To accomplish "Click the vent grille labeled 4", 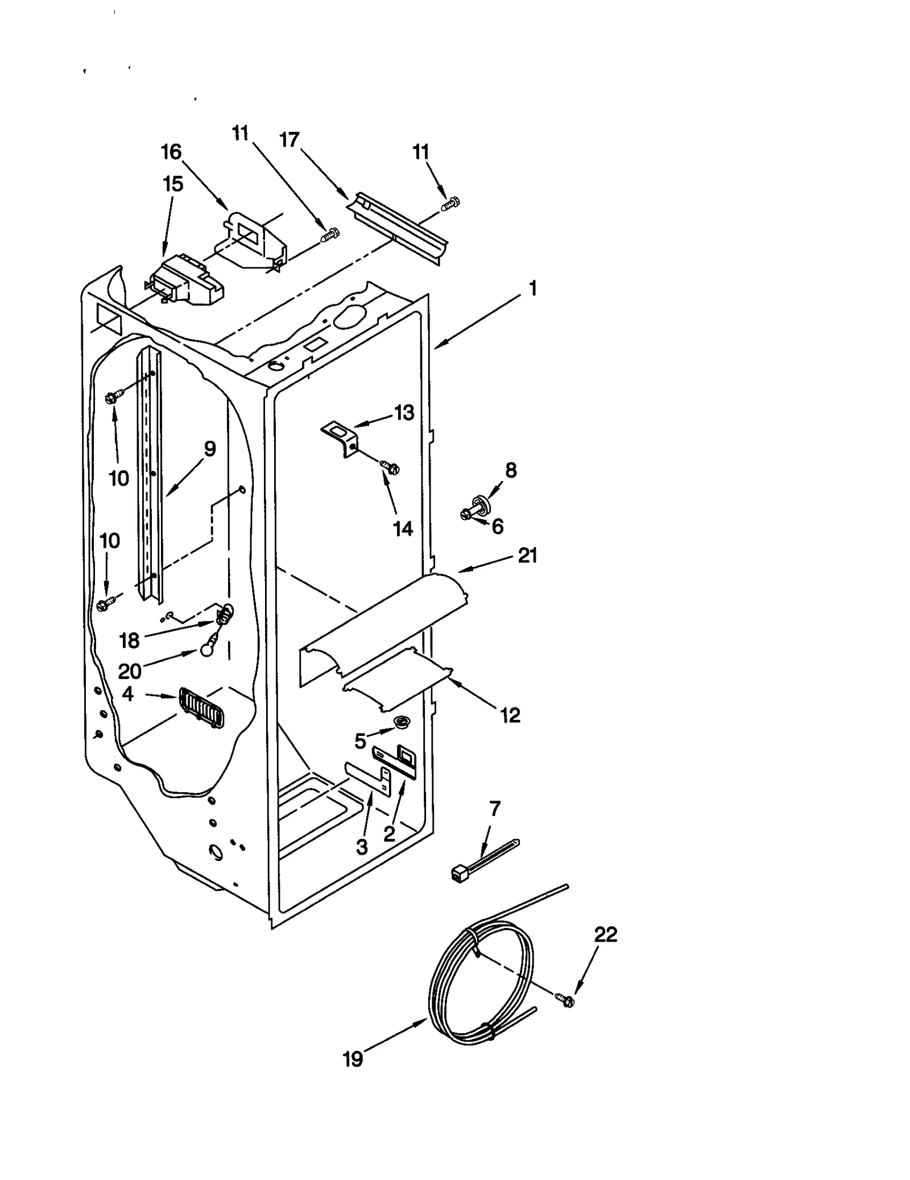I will (x=201, y=707).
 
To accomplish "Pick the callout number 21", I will (x=527, y=556).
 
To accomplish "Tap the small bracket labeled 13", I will (x=340, y=436).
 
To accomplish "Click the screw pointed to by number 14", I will (x=391, y=468).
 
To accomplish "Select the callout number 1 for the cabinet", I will (x=532, y=289).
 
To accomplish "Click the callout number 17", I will (x=289, y=139).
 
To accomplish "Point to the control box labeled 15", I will (x=185, y=284).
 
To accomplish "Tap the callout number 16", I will (x=171, y=152).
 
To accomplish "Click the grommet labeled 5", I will (x=403, y=723).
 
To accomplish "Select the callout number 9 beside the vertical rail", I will (x=210, y=449).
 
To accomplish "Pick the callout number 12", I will (x=510, y=715).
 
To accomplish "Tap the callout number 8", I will (x=511, y=470).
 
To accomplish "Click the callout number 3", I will (x=362, y=847).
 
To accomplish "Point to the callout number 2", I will (x=389, y=834).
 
